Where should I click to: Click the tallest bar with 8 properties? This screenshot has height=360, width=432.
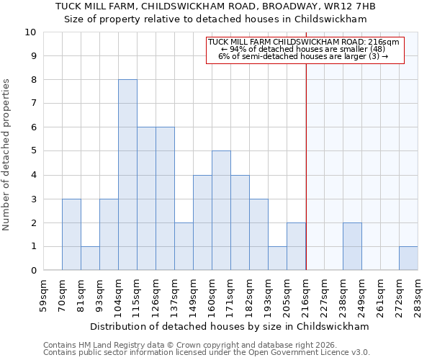pos(127,175)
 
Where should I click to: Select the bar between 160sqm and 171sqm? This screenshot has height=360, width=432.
pos(221,210)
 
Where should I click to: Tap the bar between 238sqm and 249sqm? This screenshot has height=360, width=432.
pos(352,246)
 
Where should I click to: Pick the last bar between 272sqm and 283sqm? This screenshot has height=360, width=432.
pos(408,258)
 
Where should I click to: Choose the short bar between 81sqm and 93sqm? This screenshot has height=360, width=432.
pos(90,258)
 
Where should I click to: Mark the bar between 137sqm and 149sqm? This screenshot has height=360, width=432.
pos(184,246)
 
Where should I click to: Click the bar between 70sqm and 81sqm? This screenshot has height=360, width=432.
pos(71,234)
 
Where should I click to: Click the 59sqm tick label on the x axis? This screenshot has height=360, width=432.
pos(44,295)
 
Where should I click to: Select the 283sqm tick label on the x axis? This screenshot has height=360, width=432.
pos(418,295)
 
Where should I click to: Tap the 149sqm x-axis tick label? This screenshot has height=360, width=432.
pos(194,295)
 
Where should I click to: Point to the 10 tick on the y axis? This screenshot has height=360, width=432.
pos(30,32)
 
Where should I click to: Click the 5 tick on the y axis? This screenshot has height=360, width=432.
pos(33,151)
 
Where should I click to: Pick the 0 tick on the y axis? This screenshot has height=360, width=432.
pos(33,270)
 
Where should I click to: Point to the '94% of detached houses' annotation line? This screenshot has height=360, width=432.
pos(302,49)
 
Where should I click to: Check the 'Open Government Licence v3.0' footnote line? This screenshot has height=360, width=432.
pos(207,352)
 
